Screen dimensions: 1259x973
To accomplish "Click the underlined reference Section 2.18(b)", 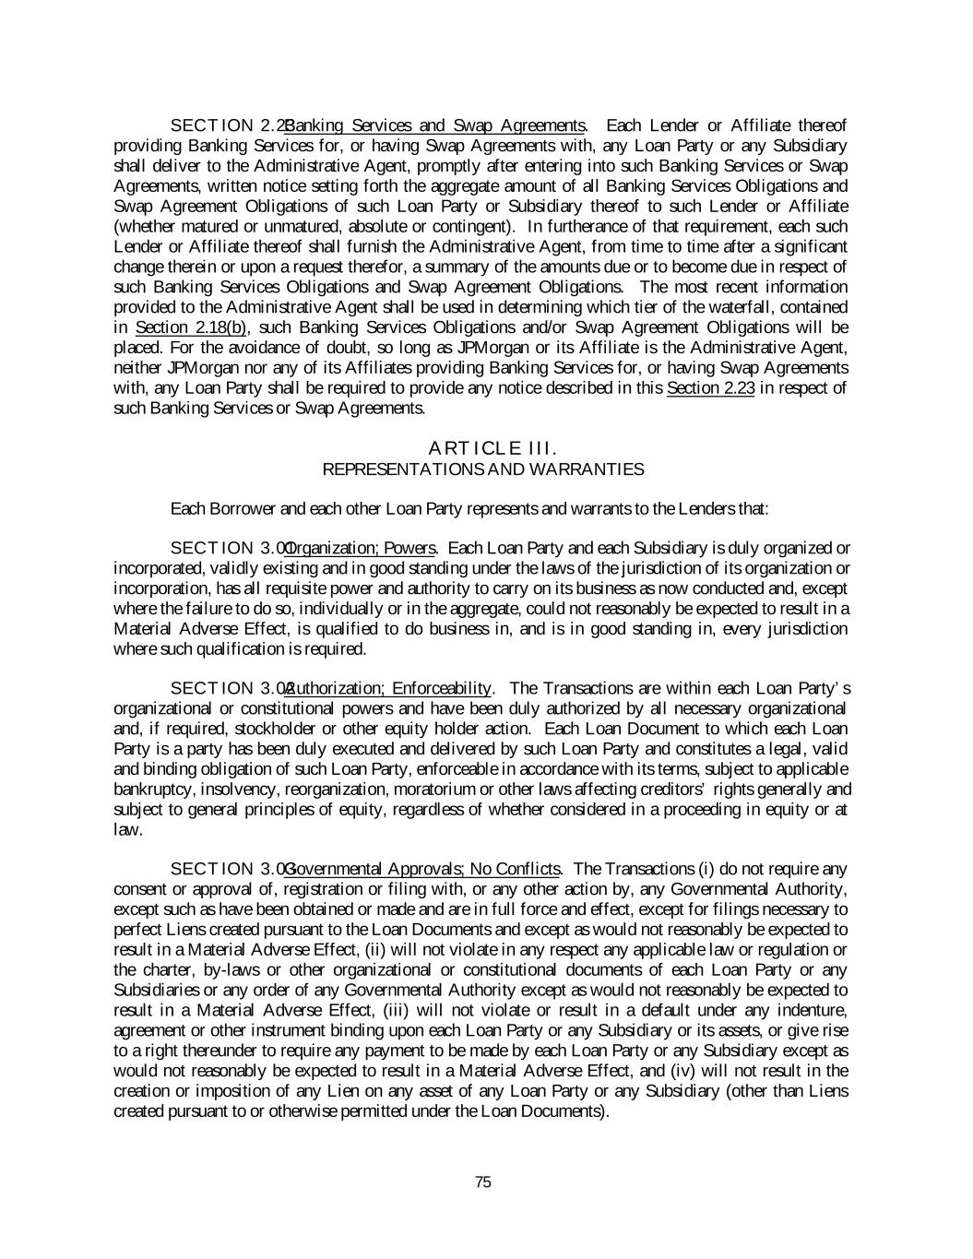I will [191, 327].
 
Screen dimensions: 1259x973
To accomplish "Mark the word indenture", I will [812, 1011].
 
